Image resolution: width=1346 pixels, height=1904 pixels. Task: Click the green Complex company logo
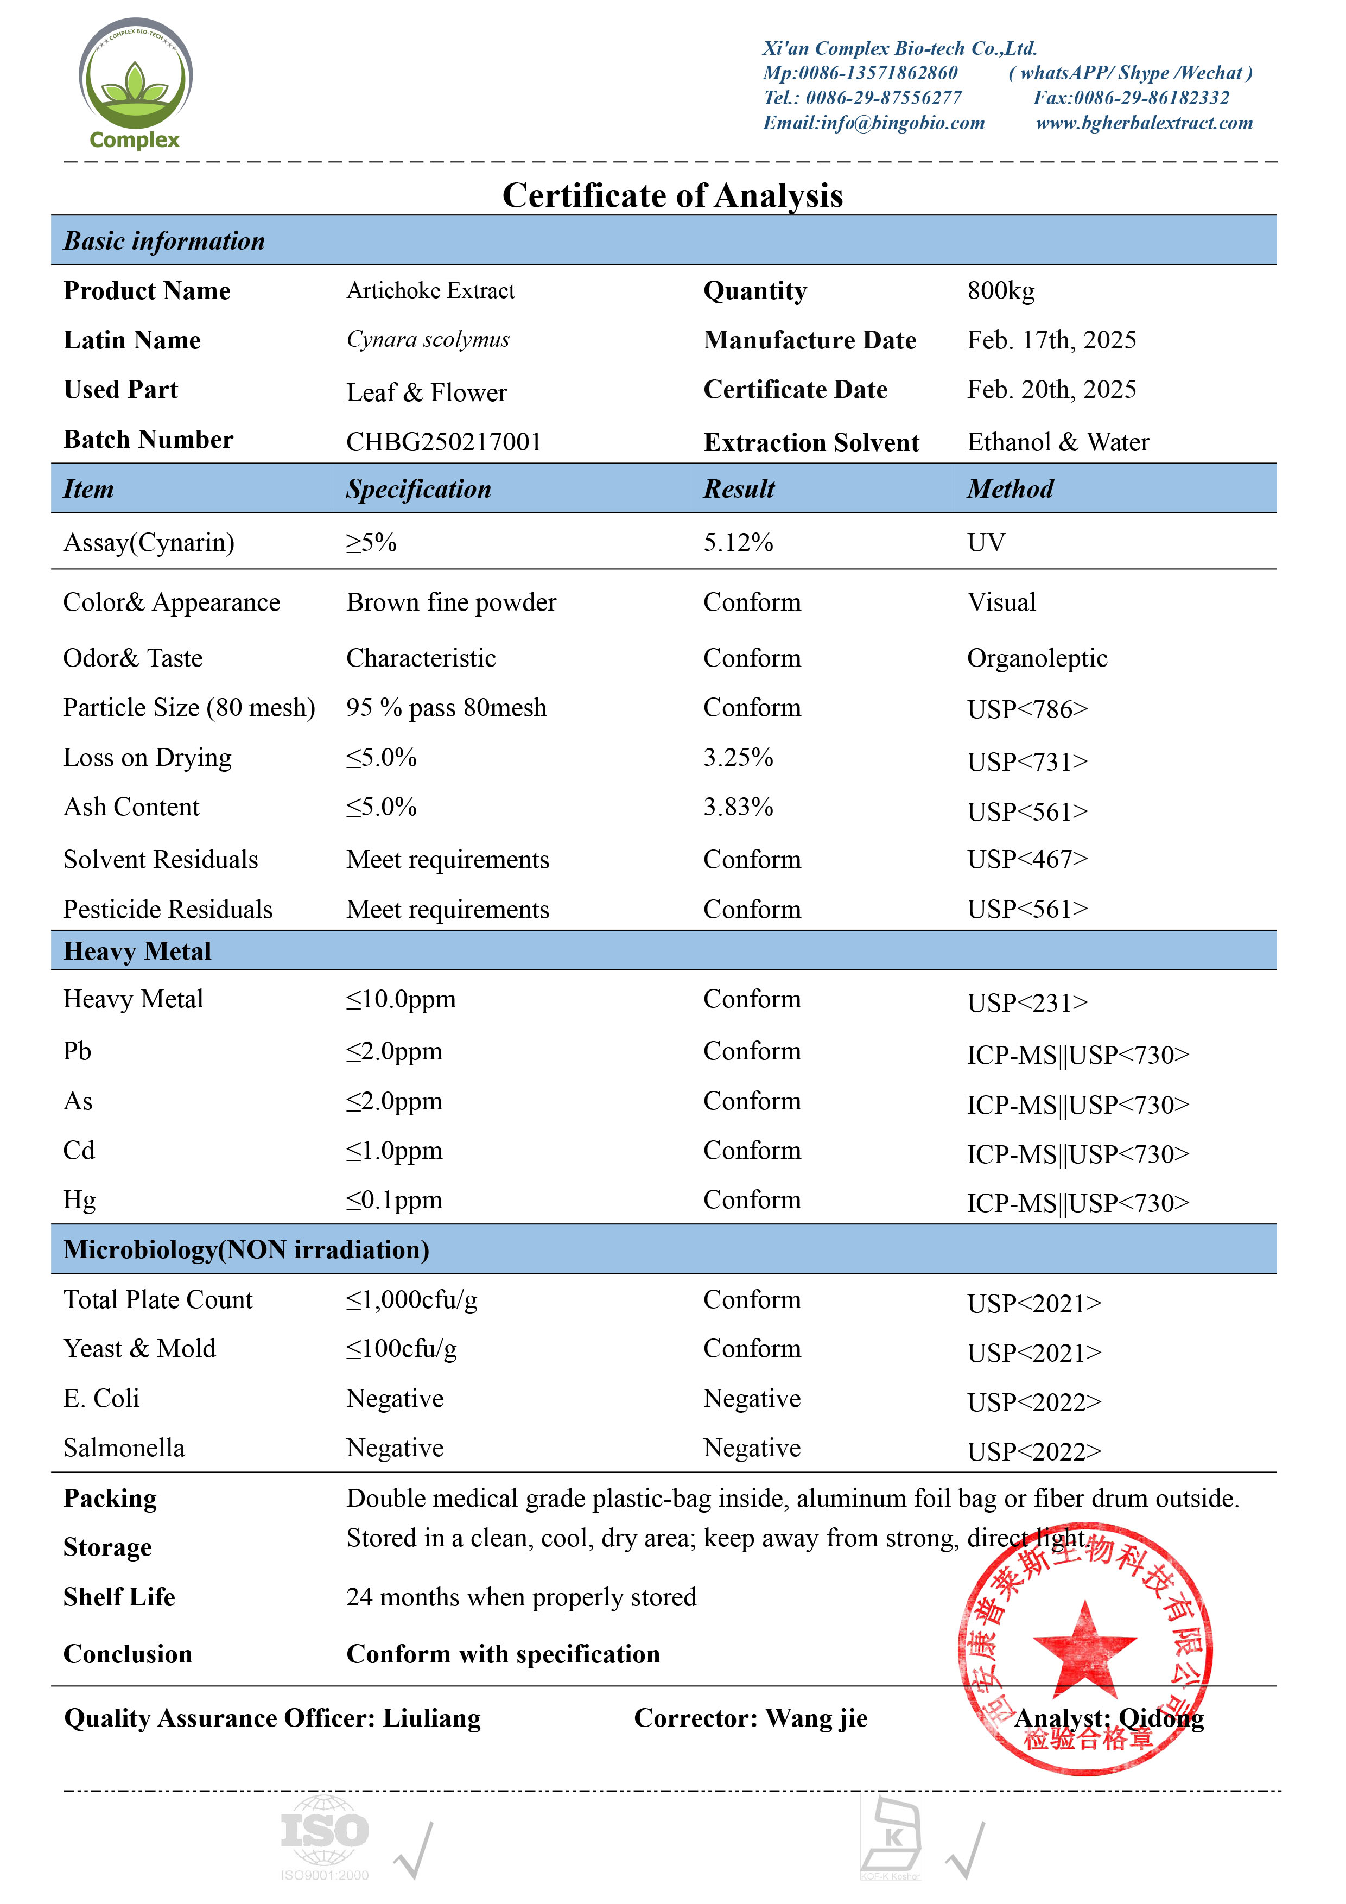[135, 84]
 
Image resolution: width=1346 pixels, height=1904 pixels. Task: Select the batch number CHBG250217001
[443, 442]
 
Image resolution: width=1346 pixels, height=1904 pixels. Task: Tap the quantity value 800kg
[1000, 291]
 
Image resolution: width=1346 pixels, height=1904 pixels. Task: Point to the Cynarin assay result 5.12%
[738, 542]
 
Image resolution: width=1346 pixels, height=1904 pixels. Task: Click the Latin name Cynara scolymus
[428, 340]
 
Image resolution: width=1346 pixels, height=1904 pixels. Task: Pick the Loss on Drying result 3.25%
[738, 757]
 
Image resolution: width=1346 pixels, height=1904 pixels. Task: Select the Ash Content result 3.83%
[738, 807]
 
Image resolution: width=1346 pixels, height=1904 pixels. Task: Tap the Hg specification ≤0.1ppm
[394, 1200]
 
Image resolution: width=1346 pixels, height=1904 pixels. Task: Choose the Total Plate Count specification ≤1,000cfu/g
[411, 1299]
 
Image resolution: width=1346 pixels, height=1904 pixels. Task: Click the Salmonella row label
[124, 1448]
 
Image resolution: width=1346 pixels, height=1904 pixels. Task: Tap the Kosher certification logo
[892, 1836]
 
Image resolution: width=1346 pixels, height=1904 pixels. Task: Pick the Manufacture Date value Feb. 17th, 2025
[1052, 340]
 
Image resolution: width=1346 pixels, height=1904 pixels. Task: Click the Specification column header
[419, 489]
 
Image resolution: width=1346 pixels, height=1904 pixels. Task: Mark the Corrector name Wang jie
[816, 1718]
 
